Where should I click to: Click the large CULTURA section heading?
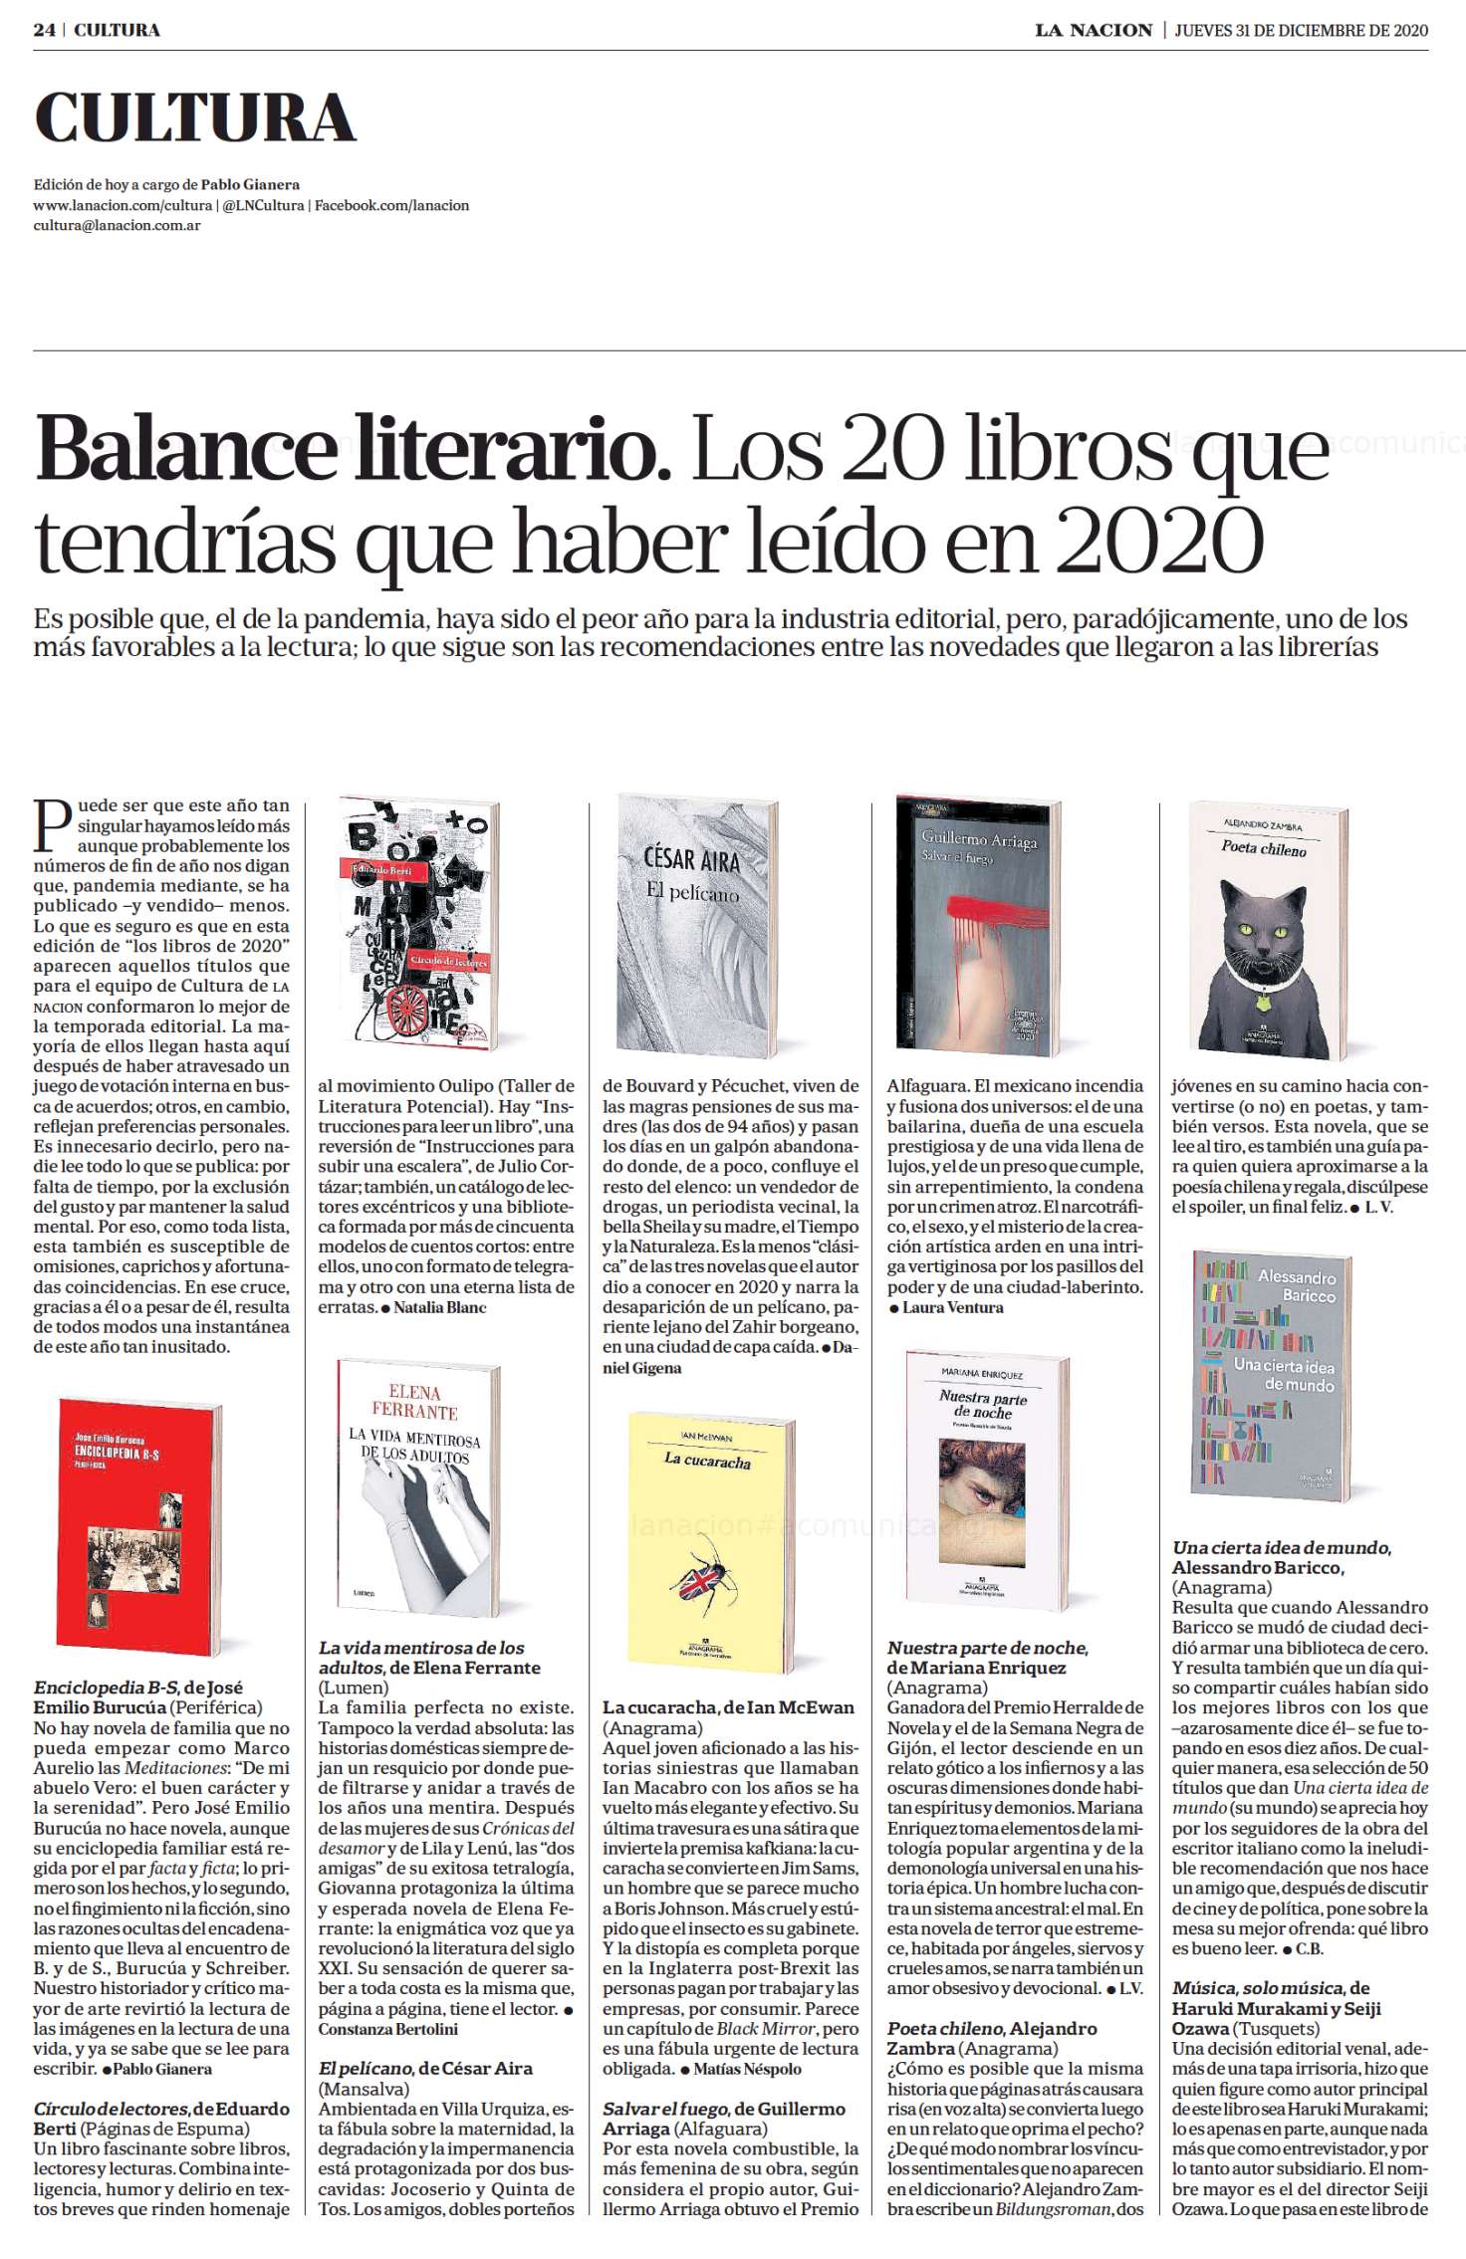[x=195, y=118]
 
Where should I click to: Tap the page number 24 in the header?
[x=44, y=30]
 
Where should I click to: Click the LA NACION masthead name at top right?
[x=1093, y=30]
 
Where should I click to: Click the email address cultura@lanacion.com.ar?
[x=117, y=225]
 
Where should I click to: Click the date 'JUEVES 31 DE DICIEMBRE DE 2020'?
[x=1301, y=30]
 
